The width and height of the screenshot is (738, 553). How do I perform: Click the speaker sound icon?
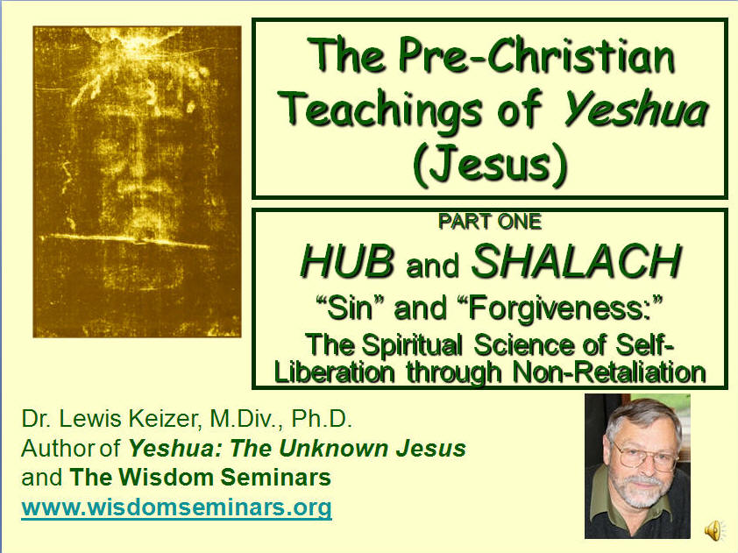tap(713, 529)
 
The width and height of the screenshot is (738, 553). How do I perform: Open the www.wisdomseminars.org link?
tap(176, 507)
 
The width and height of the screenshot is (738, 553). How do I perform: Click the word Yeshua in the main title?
tap(635, 110)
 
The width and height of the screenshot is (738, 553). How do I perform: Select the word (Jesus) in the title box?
tap(490, 164)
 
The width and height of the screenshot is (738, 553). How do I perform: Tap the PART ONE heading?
tap(490, 222)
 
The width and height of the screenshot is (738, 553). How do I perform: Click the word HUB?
tap(347, 261)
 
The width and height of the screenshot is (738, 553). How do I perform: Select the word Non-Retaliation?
tap(609, 372)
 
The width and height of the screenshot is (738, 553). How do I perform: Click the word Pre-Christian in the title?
tap(536, 56)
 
